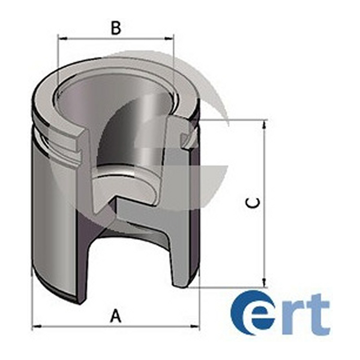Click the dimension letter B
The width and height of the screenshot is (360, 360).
pos(115,28)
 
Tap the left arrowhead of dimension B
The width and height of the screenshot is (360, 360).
pos(62,39)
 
